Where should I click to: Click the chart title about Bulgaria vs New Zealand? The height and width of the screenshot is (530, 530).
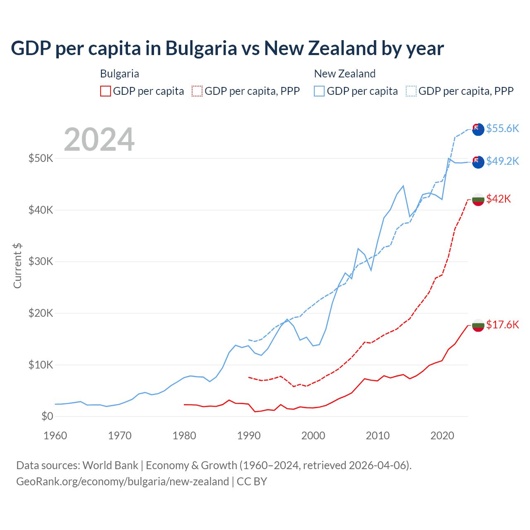pyautogui.click(x=227, y=48)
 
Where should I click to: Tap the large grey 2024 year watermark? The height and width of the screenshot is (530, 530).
pyautogui.click(x=99, y=140)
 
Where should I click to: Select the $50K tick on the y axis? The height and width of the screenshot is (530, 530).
pyautogui.click(x=41, y=158)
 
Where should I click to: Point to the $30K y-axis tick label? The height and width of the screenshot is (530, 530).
pyautogui.click(x=41, y=261)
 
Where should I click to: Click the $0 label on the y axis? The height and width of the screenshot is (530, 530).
pyautogui.click(x=47, y=416)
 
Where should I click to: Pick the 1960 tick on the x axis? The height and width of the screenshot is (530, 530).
pyautogui.click(x=55, y=436)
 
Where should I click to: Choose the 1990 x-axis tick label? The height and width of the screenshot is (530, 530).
pyautogui.click(x=249, y=436)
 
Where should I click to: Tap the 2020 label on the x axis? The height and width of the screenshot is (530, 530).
pyautogui.click(x=442, y=436)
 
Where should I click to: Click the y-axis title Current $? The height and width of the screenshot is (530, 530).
pyautogui.click(x=17, y=265)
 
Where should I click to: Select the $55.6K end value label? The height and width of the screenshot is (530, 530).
pyautogui.click(x=502, y=128)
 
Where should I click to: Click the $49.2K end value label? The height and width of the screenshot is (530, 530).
pyautogui.click(x=502, y=161)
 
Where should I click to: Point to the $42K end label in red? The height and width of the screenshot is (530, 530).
pyautogui.click(x=499, y=199)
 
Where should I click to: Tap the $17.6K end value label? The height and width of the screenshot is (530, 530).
pyautogui.click(x=502, y=325)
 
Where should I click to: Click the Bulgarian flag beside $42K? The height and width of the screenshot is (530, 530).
pyautogui.click(x=478, y=199)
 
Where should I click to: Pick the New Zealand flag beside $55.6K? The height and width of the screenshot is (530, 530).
pyautogui.click(x=478, y=129)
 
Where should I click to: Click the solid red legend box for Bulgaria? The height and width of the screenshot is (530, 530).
pyautogui.click(x=106, y=91)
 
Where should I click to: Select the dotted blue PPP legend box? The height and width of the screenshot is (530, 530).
pyautogui.click(x=411, y=91)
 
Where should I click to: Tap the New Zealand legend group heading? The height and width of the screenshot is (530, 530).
pyautogui.click(x=344, y=74)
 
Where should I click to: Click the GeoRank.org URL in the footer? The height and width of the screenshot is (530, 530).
pyautogui.click(x=123, y=482)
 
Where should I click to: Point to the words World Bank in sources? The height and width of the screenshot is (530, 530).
pyautogui.click(x=110, y=465)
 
